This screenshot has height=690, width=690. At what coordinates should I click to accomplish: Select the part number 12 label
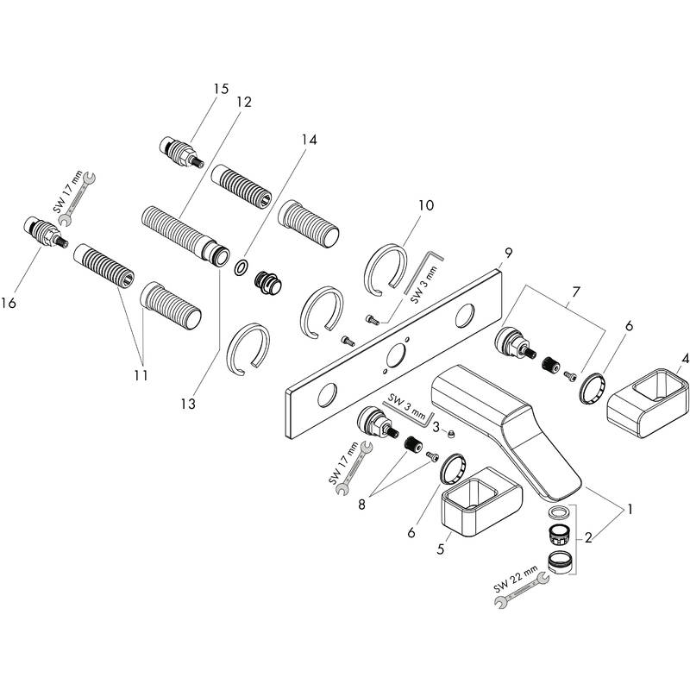[243, 102]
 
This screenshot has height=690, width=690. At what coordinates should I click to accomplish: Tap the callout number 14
[309, 138]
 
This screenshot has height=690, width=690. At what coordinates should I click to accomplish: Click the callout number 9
[508, 252]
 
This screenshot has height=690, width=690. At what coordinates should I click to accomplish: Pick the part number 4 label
[685, 357]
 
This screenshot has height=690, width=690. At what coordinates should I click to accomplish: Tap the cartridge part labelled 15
[180, 151]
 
